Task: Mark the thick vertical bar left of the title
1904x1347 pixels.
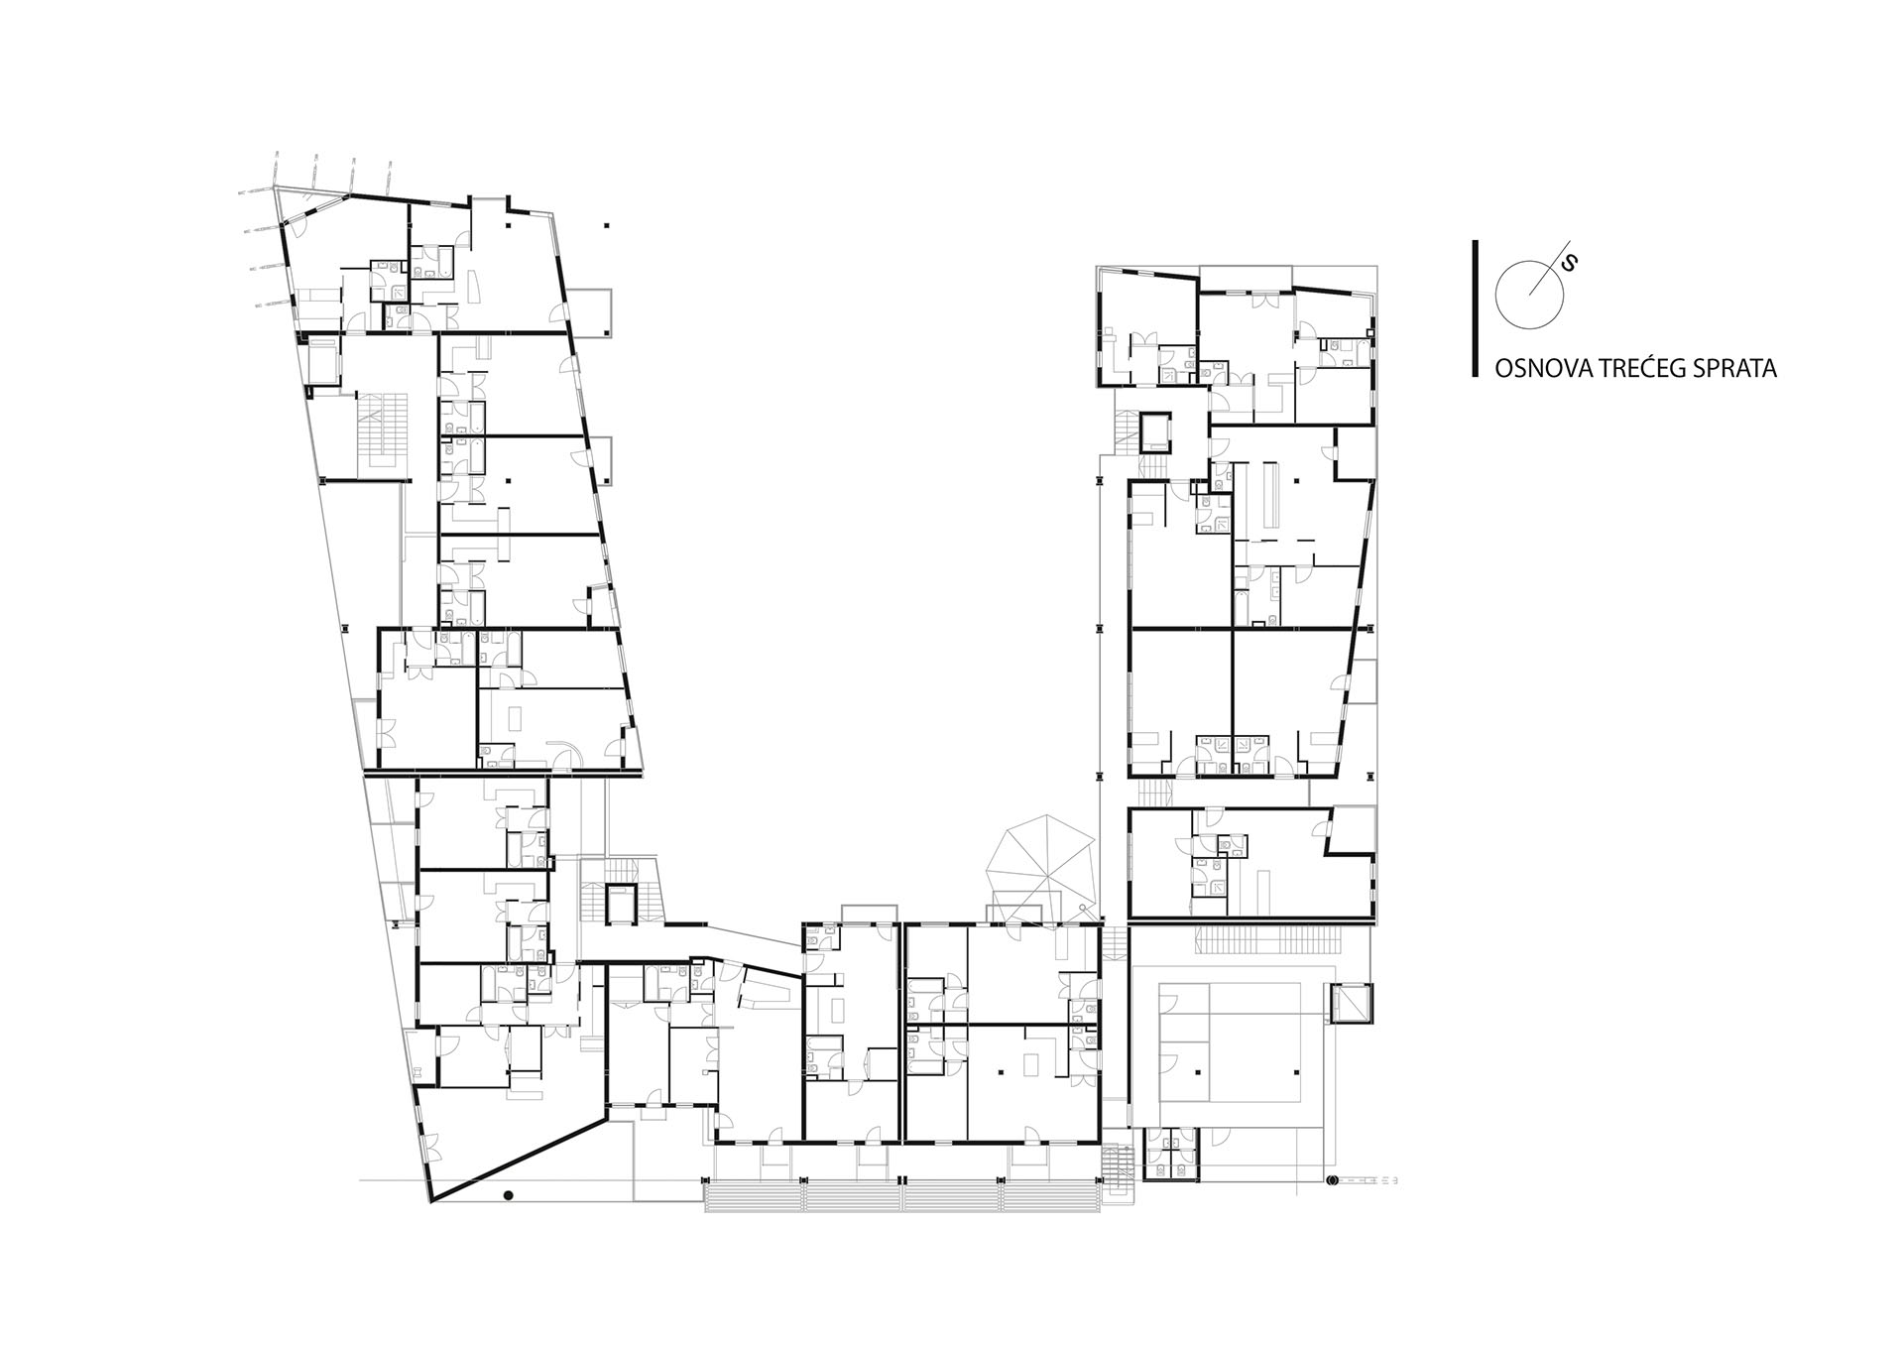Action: [1476, 308]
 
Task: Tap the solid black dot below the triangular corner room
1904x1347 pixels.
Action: [509, 1195]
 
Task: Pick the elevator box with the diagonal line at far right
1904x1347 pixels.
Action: [1351, 1004]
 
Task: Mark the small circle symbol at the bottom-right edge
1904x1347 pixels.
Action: [1333, 1179]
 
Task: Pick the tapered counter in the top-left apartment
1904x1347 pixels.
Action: [473, 286]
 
